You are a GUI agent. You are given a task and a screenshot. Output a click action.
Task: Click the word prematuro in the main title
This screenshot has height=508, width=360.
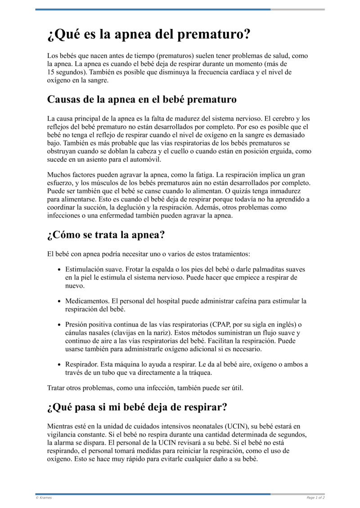213,35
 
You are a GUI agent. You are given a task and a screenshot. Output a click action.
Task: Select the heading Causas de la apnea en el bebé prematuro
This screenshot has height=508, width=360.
142,99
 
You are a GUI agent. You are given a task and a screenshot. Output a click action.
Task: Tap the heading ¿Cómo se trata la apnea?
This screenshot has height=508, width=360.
106,235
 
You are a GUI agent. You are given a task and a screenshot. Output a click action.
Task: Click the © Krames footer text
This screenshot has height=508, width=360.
44,498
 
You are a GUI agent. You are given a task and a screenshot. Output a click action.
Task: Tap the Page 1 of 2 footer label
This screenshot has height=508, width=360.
315,498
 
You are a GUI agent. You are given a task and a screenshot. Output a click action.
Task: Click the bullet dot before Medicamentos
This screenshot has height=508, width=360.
60,301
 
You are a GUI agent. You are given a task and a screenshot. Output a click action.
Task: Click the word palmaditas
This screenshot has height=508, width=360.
260,269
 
